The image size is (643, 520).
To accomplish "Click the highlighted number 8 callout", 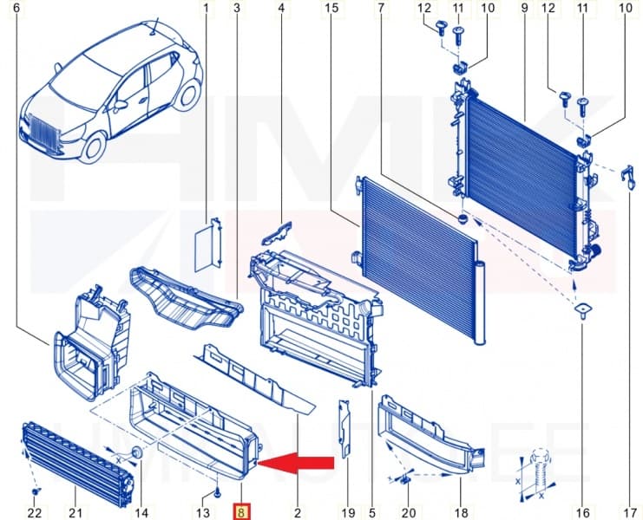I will (241, 512).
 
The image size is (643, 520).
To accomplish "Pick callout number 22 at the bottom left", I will (34, 512).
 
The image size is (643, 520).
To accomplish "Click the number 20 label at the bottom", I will (409, 512).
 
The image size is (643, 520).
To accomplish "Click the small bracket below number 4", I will (278, 232).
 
